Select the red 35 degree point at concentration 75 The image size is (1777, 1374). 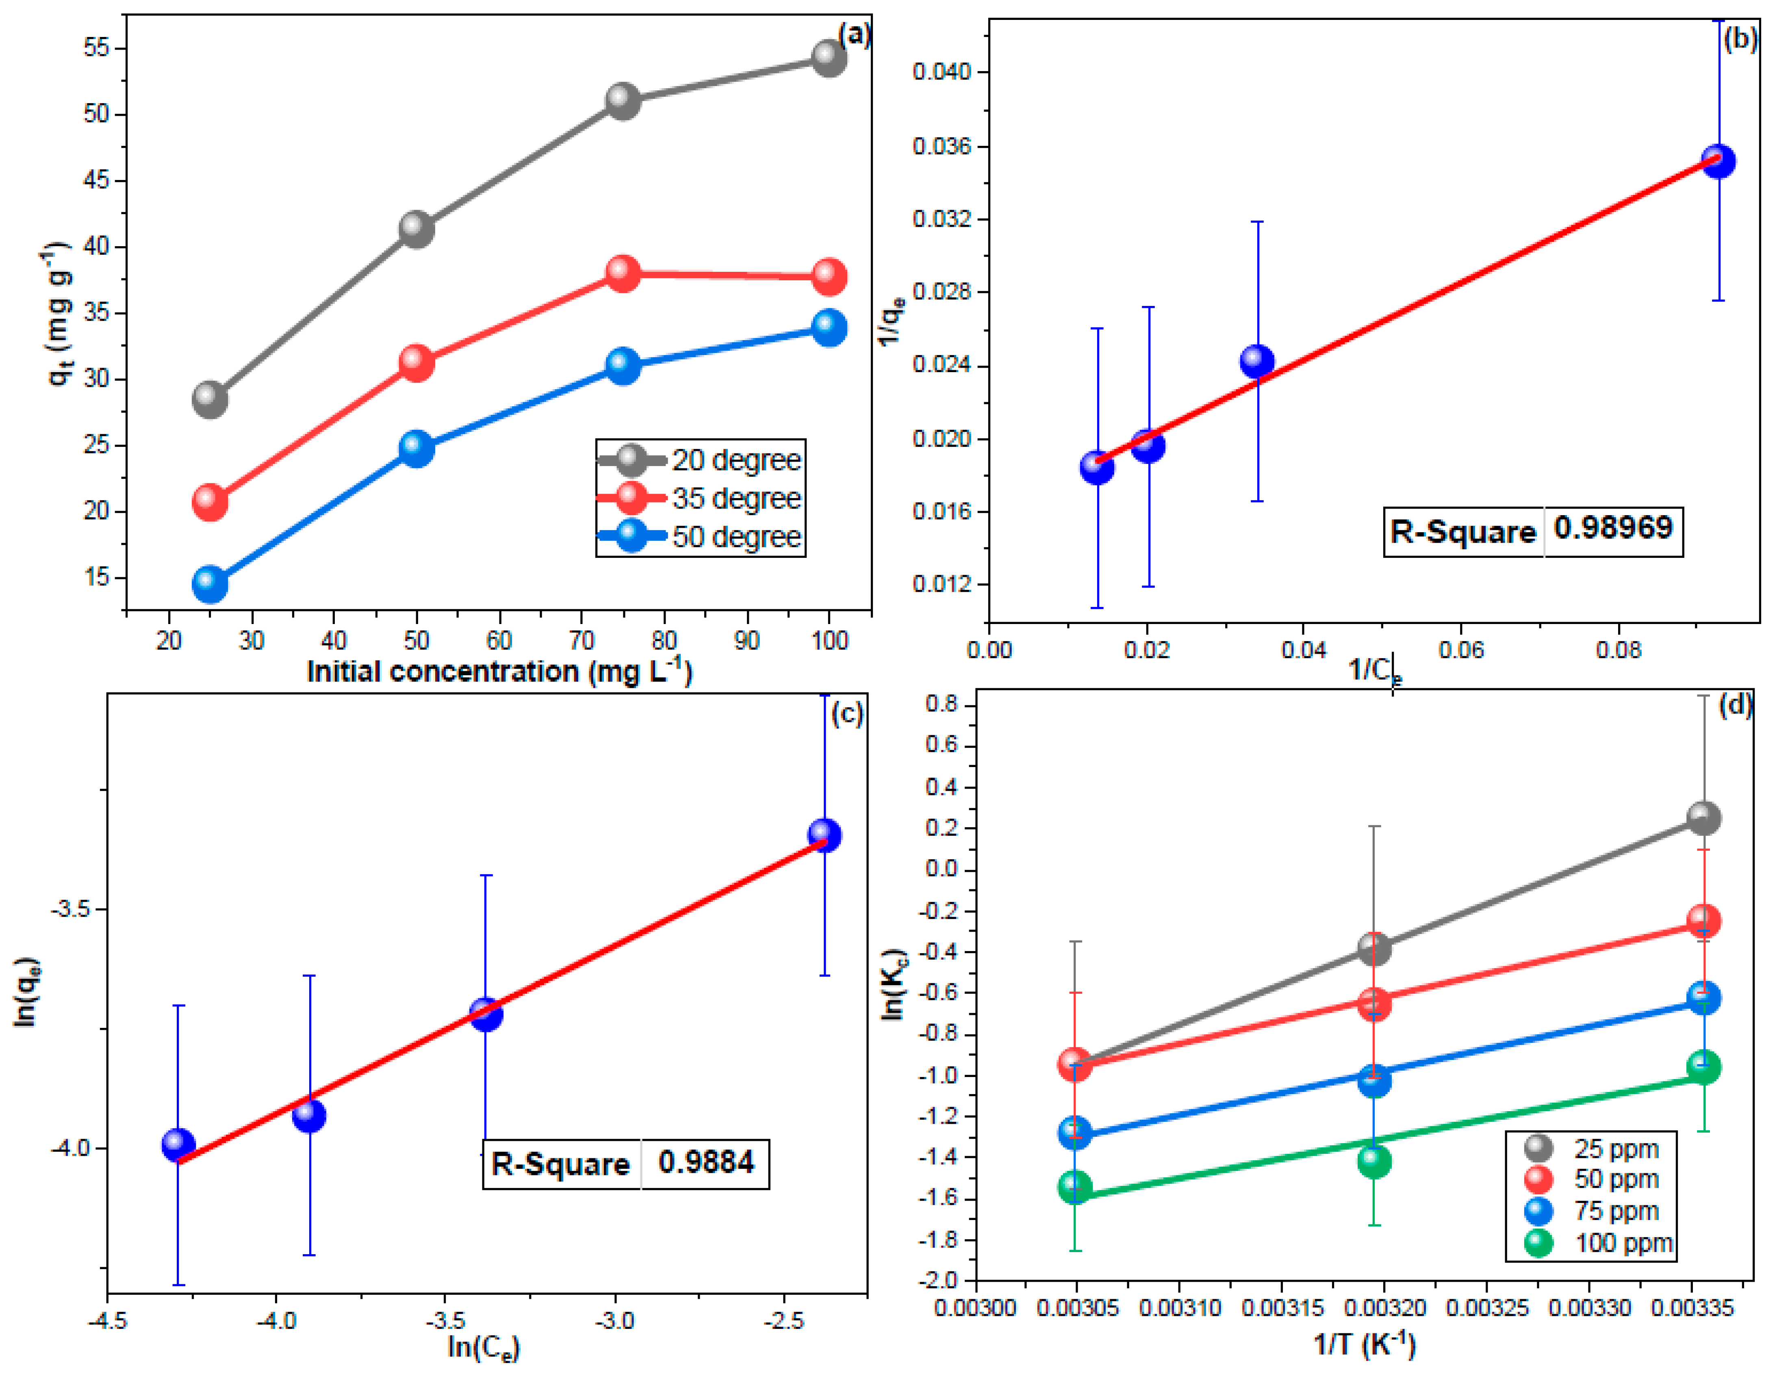pyautogui.click(x=623, y=273)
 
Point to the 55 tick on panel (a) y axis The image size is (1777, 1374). pyautogui.click(x=96, y=48)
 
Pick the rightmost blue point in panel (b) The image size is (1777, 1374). pyautogui.click(x=1718, y=161)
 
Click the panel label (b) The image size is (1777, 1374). pyautogui.click(x=1740, y=38)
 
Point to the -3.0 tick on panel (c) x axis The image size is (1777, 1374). pyautogui.click(x=614, y=1320)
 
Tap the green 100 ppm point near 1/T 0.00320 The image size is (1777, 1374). pyautogui.click(x=1373, y=1161)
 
